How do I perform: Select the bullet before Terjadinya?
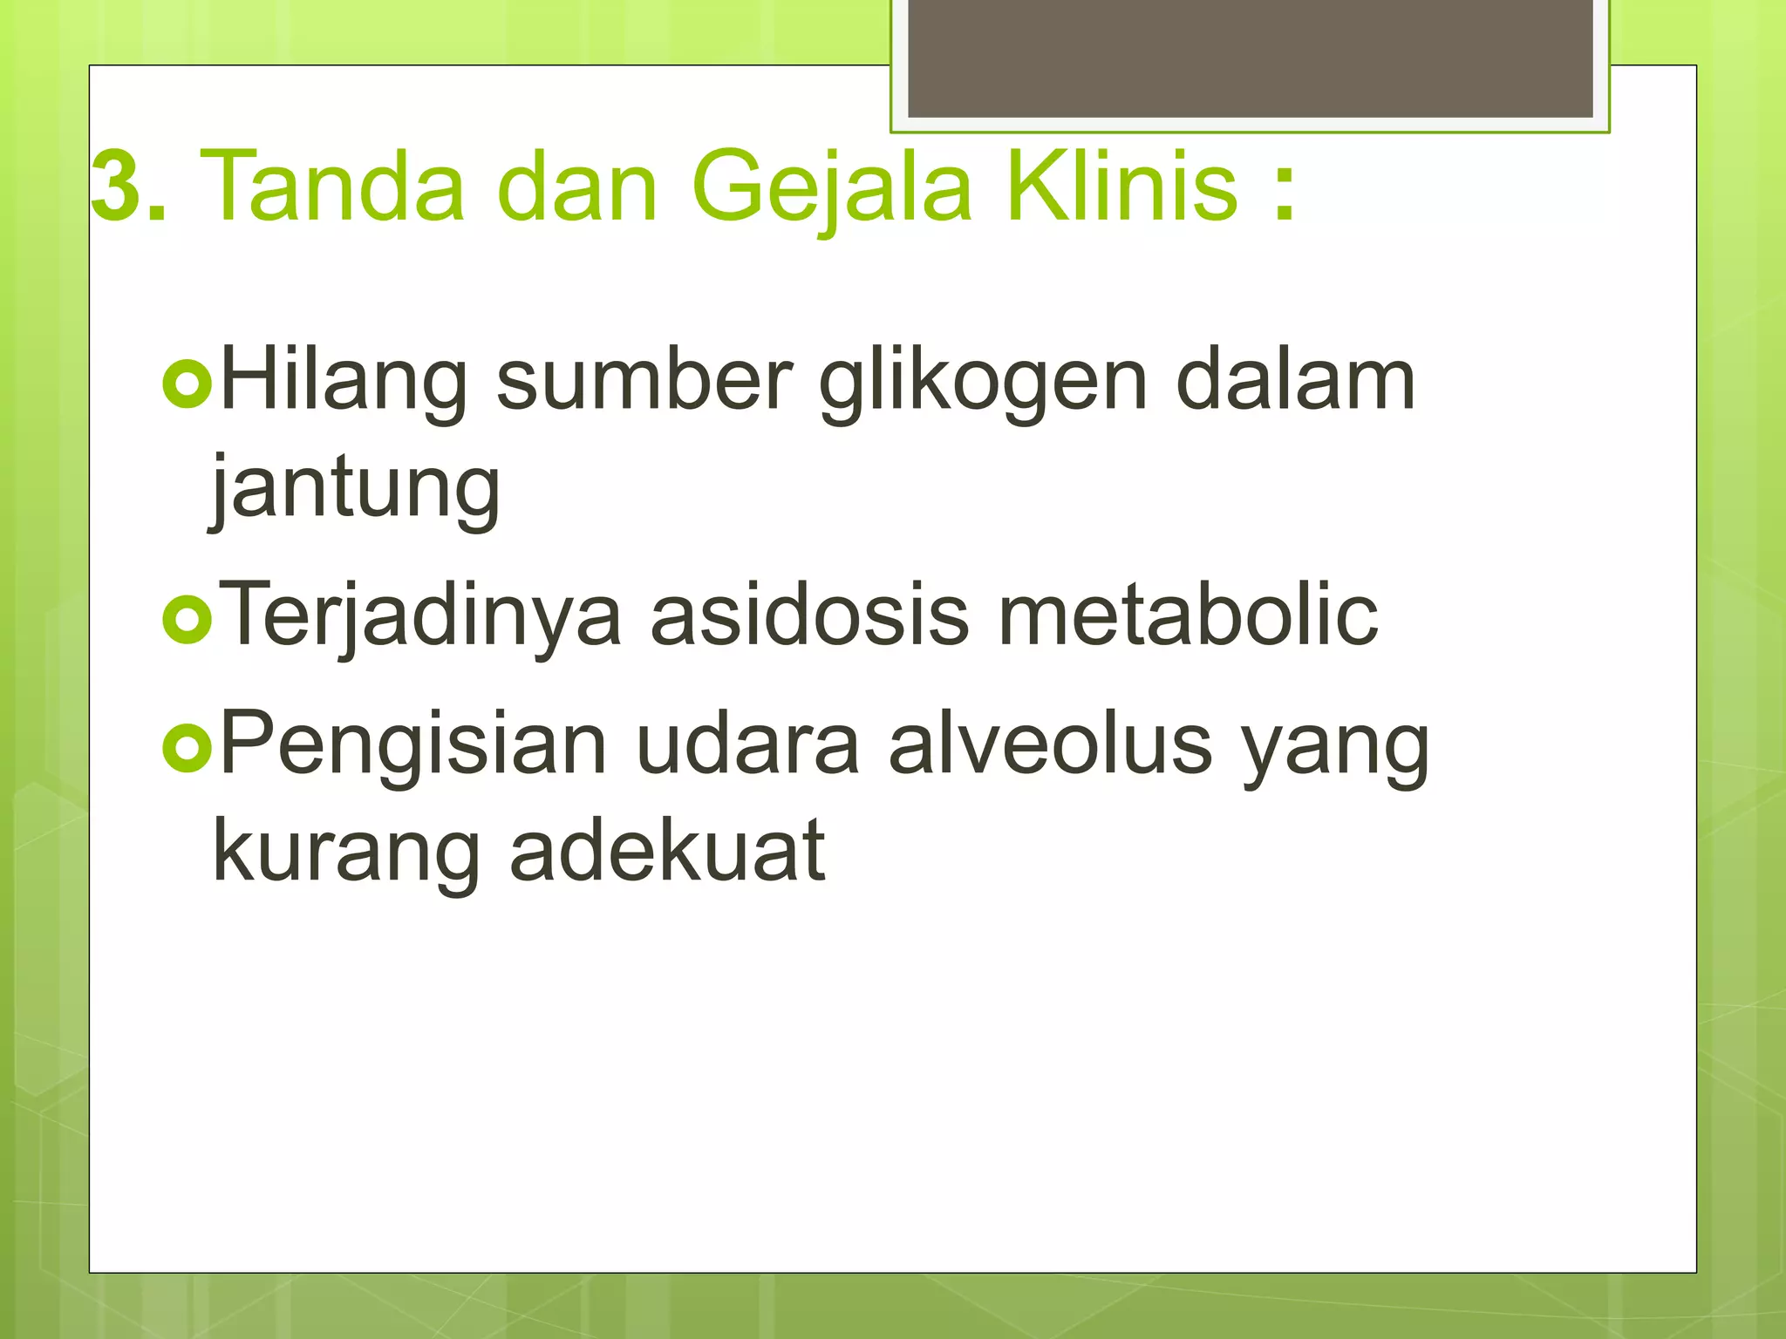[x=187, y=620]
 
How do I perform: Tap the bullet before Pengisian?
[x=187, y=748]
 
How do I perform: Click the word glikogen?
[x=982, y=384]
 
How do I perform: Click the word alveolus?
[x=1050, y=744]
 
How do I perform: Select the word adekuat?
[x=667, y=850]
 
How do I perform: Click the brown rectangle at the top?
[x=1250, y=58]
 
